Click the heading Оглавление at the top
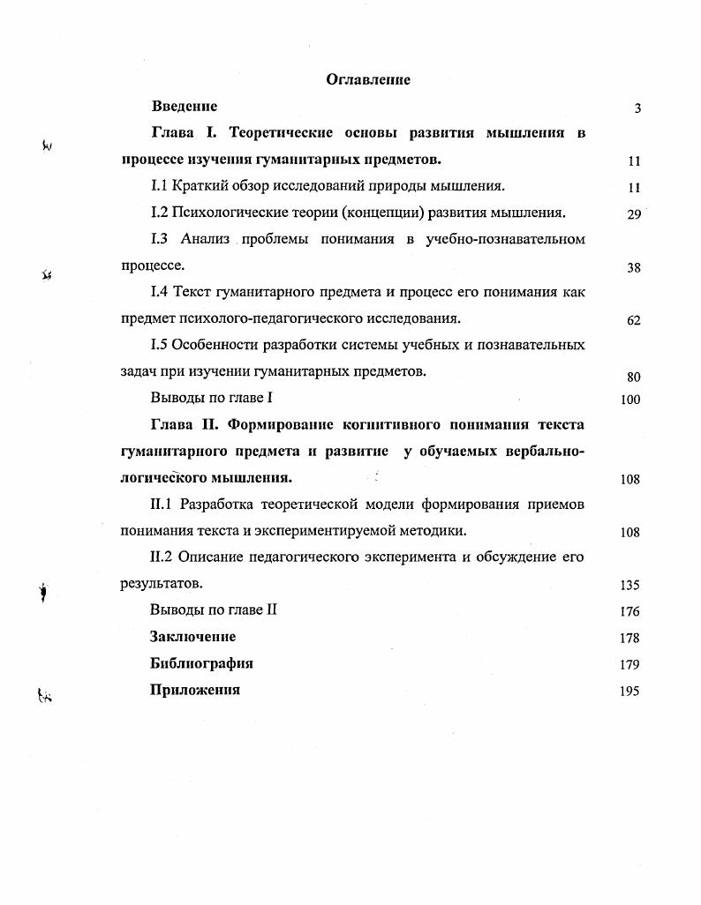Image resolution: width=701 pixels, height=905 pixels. click(x=368, y=79)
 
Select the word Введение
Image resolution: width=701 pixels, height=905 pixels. click(x=185, y=107)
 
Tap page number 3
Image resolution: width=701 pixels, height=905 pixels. click(x=637, y=108)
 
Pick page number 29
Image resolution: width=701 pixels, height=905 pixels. click(x=633, y=214)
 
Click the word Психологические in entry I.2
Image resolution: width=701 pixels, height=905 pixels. click(x=232, y=213)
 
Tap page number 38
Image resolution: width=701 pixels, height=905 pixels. click(x=633, y=268)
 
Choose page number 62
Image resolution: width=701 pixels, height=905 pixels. click(x=633, y=321)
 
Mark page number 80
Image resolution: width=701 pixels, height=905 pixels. click(x=633, y=377)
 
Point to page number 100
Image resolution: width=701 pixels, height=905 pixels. click(x=630, y=400)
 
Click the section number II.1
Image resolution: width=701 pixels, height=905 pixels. click(x=162, y=505)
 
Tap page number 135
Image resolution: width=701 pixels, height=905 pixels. click(x=630, y=585)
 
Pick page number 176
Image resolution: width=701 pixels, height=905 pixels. click(x=630, y=611)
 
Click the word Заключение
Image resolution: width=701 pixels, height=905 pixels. click(x=193, y=637)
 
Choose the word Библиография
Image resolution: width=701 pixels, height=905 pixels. click(x=202, y=663)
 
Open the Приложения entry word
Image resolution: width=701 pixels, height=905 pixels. click(x=196, y=690)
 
